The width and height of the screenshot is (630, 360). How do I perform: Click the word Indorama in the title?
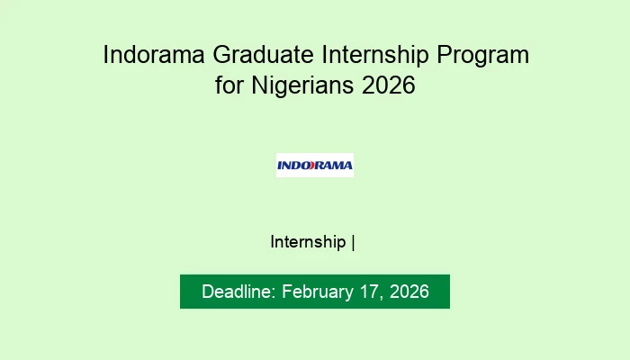tap(154, 55)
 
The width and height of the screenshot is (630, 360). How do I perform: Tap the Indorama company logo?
tap(314, 165)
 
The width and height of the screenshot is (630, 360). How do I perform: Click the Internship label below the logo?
tap(308, 242)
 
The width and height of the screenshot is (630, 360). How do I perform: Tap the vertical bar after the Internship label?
tap(353, 242)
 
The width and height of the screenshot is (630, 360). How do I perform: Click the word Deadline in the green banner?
tap(238, 292)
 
